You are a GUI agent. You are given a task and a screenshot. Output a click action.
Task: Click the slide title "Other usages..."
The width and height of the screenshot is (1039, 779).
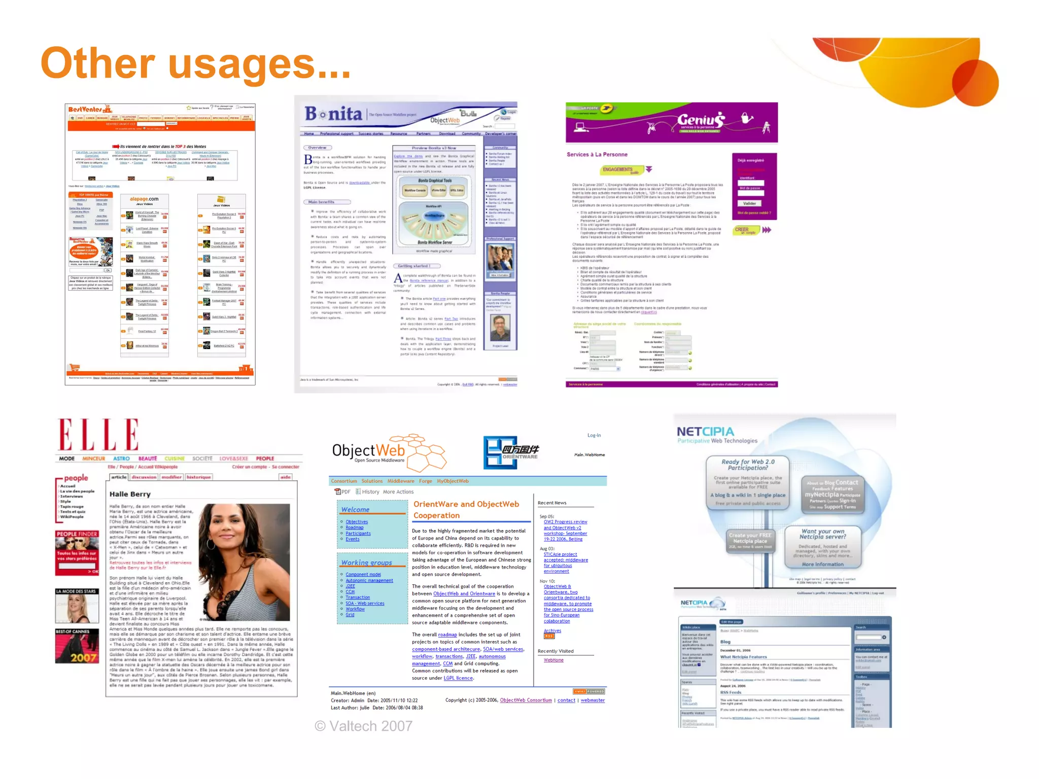click(195, 63)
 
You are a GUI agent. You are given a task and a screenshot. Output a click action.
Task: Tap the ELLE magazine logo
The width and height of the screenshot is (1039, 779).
click(98, 435)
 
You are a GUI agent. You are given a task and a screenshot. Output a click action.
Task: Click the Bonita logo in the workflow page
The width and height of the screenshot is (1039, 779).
click(333, 114)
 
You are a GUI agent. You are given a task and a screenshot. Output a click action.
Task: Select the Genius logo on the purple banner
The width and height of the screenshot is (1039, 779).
click(701, 120)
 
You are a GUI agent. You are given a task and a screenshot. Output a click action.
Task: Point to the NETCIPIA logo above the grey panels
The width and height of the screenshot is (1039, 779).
click(705, 432)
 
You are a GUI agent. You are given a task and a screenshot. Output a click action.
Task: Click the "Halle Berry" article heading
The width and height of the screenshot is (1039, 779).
click(130, 494)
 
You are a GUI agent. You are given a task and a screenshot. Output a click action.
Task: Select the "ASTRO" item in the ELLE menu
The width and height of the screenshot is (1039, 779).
click(121, 458)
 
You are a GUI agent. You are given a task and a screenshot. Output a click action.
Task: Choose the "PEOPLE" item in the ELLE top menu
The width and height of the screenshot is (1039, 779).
click(265, 458)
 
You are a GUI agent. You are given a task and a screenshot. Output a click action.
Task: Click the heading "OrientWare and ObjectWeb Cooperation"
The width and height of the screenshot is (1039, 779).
click(466, 510)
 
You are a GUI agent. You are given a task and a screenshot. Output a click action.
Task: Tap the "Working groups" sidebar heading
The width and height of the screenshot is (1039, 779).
click(366, 562)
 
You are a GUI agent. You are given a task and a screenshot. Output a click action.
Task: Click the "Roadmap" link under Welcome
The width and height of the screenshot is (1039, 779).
click(355, 527)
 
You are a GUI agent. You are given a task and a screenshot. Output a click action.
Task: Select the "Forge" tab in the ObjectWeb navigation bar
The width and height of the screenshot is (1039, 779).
click(425, 481)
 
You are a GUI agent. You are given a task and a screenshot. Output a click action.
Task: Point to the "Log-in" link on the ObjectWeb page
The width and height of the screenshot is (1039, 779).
click(594, 435)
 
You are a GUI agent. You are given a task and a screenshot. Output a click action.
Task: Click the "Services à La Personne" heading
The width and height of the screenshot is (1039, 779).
click(597, 154)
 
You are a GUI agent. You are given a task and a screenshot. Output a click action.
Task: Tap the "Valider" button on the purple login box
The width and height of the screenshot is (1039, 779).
click(749, 203)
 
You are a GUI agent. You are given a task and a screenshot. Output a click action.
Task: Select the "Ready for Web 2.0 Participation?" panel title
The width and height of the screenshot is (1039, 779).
click(748, 465)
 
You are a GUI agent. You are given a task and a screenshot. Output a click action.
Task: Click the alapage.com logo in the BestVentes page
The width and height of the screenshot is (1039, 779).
click(144, 199)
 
